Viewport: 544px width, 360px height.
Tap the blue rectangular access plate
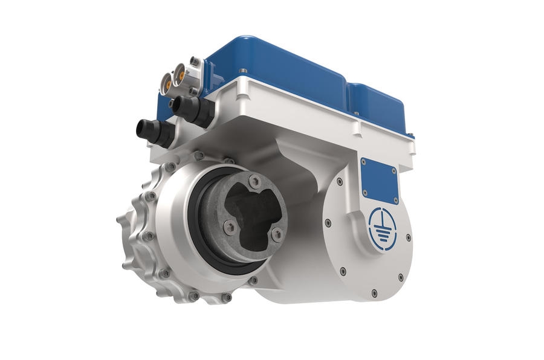click(x=378, y=178)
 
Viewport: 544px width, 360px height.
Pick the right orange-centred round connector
click(x=180, y=76)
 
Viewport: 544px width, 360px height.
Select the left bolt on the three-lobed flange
click(x=229, y=227)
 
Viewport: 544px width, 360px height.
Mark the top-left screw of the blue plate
click(x=363, y=162)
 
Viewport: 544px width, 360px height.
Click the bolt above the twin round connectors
click(x=194, y=60)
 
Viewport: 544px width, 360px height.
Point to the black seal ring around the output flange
click(x=199, y=242)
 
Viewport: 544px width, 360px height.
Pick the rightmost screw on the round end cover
click(x=409, y=238)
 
